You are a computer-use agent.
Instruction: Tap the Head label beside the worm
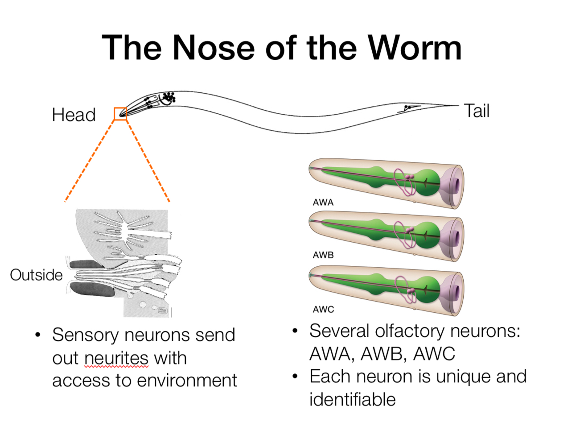pyautogui.click(x=74, y=115)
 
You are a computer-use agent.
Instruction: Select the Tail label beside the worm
pyautogui.click(x=477, y=111)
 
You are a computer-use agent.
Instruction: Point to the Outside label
pyautogui.click(x=36, y=275)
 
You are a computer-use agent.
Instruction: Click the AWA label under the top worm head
pyautogui.click(x=323, y=202)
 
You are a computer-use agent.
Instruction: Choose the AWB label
pyautogui.click(x=323, y=255)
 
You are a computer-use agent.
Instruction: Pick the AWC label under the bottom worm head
pyautogui.click(x=323, y=309)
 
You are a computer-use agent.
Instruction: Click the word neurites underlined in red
pyautogui.click(x=116, y=358)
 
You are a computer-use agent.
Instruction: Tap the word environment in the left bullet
pyautogui.click(x=187, y=380)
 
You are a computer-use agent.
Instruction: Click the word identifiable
pyautogui.click(x=353, y=399)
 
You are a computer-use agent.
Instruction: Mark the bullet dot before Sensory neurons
pyautogui.click(x=38, y=335)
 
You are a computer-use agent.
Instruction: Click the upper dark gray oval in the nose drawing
pyautogui.click(x=86, y=264)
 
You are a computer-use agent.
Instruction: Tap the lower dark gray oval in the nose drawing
pyautogui.click(x=92, y=289)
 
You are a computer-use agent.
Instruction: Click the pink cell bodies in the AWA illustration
pyautogui.click(x=409, y=176)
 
